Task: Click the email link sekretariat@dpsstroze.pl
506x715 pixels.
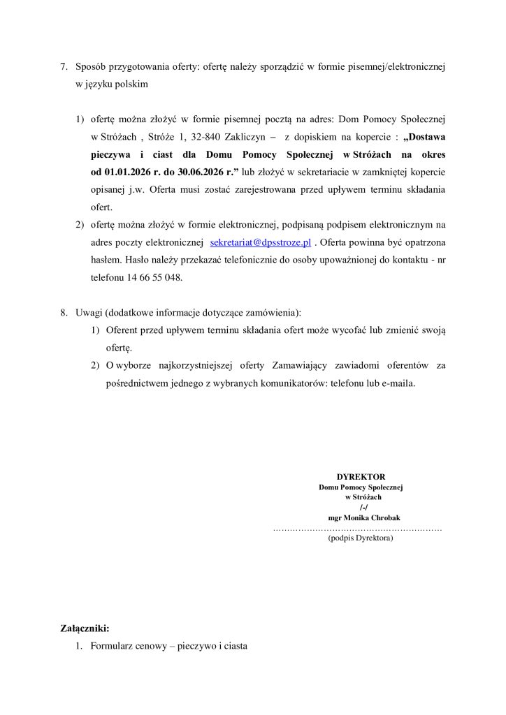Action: tap(260, 242)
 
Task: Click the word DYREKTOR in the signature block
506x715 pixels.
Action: tap(361, 476)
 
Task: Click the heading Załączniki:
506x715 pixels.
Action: tap(85, 628)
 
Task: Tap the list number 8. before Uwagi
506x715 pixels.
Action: tap(64, 312)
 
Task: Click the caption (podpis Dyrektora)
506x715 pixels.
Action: tap(360, 538)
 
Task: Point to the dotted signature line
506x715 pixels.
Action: tap(357, 529)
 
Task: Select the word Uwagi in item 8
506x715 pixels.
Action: tap(89, 312)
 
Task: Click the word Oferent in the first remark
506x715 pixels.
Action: tap(122, 330)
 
